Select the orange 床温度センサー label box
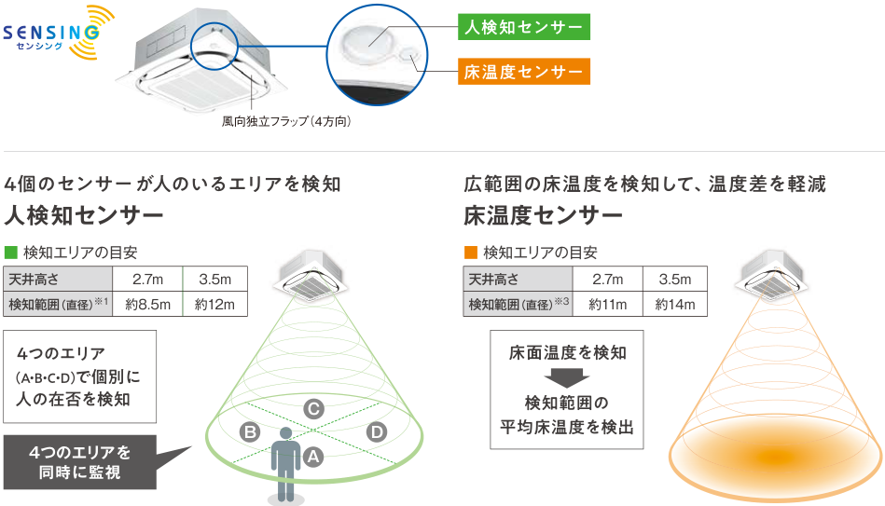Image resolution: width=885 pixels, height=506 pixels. (x=524, y=71)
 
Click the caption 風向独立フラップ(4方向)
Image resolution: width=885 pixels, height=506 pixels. (x=285, y=120)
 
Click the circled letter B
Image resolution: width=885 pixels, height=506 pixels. (x=249, y=431)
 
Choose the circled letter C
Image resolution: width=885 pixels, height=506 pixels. (x=314, y=408)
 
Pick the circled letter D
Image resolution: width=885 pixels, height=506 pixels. (x=377, y=431)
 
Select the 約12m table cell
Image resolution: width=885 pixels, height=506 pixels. (x=214, y=304)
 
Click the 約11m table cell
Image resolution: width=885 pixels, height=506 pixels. (x=606, y=304)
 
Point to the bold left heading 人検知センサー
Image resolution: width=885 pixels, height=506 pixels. (x=84, y=216)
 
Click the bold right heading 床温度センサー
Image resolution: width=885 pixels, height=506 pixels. (x=544, y=216)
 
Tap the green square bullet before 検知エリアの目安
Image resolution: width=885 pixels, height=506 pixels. (x=11, y=253)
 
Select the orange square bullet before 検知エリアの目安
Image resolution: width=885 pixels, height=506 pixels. (x=470, y=253)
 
